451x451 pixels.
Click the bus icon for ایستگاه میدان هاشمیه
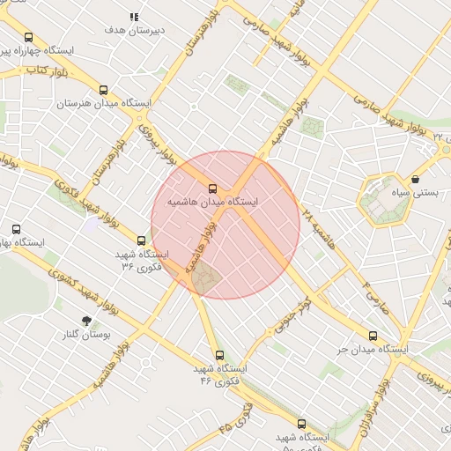point(212,188)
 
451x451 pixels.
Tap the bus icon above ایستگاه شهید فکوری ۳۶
point(141,240)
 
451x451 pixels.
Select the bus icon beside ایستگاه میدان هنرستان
point(104,90)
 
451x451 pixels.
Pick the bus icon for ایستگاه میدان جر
point(373,336)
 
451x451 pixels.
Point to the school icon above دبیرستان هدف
point(135,17)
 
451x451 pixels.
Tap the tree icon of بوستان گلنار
point(86,322)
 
